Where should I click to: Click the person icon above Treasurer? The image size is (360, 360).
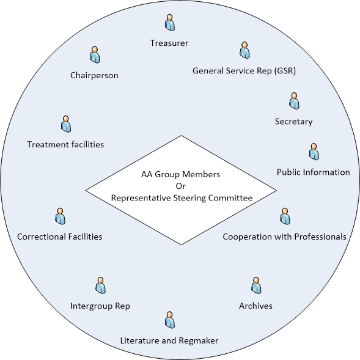pos(170,23)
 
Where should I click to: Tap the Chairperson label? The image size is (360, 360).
pos(94,75)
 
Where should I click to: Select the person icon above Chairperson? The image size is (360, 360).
pos(95,54)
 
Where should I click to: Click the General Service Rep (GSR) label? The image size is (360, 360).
pos(244,71)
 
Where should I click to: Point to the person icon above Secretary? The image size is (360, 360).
pos(294,101)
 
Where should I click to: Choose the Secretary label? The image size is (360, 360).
pos(293,122)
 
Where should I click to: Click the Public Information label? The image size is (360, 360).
pos(313,172)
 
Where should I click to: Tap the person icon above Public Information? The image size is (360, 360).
pos(314,152)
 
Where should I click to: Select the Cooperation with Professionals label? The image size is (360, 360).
pos(284,237)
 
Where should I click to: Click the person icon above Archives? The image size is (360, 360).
pos(256,285)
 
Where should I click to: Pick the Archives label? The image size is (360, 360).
pos(255,306)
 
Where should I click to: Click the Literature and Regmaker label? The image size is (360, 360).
pos(169,340)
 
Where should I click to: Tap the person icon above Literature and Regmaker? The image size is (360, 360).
pos(170,320)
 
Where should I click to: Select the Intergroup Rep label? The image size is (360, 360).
pos(100,306)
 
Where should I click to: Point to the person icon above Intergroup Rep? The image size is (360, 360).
pos(100,285)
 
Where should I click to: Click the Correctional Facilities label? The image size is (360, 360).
pos(60,237)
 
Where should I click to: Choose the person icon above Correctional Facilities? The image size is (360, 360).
pos(60,216)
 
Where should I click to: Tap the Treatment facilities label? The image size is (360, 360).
pos(65,144)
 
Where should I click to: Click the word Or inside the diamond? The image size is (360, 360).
pos(181,186)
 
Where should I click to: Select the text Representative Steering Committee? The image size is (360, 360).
pos(182,198)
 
